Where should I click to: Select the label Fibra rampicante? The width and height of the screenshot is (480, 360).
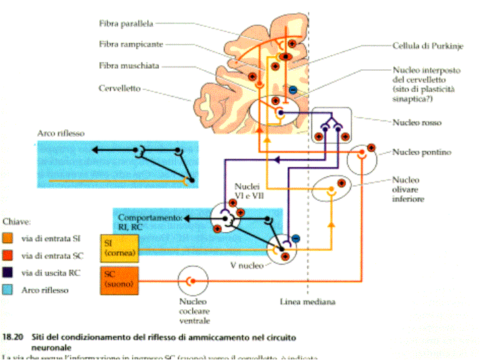point(131,45)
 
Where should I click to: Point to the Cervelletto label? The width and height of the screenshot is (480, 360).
point(119,88)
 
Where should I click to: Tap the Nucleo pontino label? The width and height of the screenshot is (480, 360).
point(421,153)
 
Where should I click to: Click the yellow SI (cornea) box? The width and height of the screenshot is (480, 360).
point(117,247)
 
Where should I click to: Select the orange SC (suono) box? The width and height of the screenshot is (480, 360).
point(118,280)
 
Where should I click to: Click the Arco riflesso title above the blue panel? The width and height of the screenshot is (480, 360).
point(61,133)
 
